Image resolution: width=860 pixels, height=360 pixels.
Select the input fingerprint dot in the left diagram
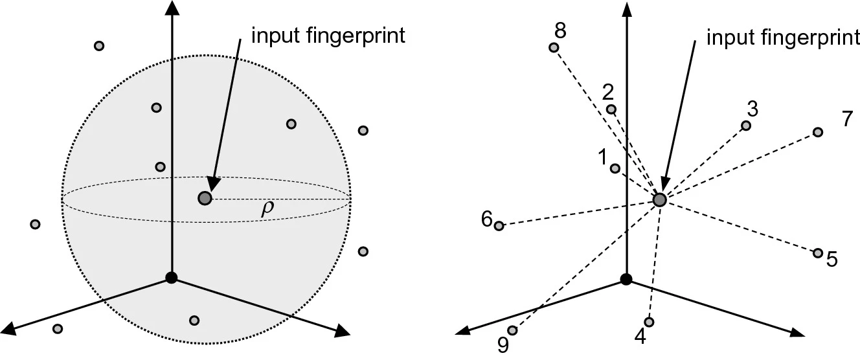205,199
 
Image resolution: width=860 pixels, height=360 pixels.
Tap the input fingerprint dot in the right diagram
660,200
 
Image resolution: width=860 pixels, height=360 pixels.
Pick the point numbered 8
554,47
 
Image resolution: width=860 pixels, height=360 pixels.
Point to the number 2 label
608,93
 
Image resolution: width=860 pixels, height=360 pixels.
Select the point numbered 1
615,168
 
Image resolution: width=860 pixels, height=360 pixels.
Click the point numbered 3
746,126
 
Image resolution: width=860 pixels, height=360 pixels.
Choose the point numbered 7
818,132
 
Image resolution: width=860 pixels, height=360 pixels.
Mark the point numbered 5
818,253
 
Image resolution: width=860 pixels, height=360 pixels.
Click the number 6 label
487,219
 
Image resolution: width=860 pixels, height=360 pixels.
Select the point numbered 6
499,226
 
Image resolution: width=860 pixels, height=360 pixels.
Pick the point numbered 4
649,322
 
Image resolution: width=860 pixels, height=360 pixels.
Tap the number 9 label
503,344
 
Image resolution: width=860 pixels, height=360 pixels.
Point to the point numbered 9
512,330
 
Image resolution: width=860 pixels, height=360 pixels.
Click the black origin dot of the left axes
171,278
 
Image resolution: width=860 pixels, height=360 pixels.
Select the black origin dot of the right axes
626,279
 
